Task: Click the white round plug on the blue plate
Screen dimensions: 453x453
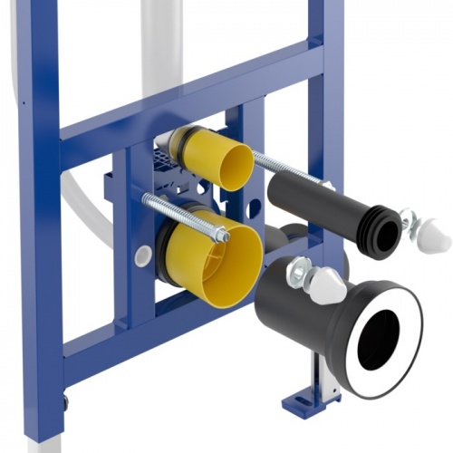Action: (x=142, y=255)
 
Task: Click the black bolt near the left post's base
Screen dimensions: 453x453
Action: (x=65, y=398)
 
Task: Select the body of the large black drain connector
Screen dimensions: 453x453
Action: (x=290, y=317)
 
